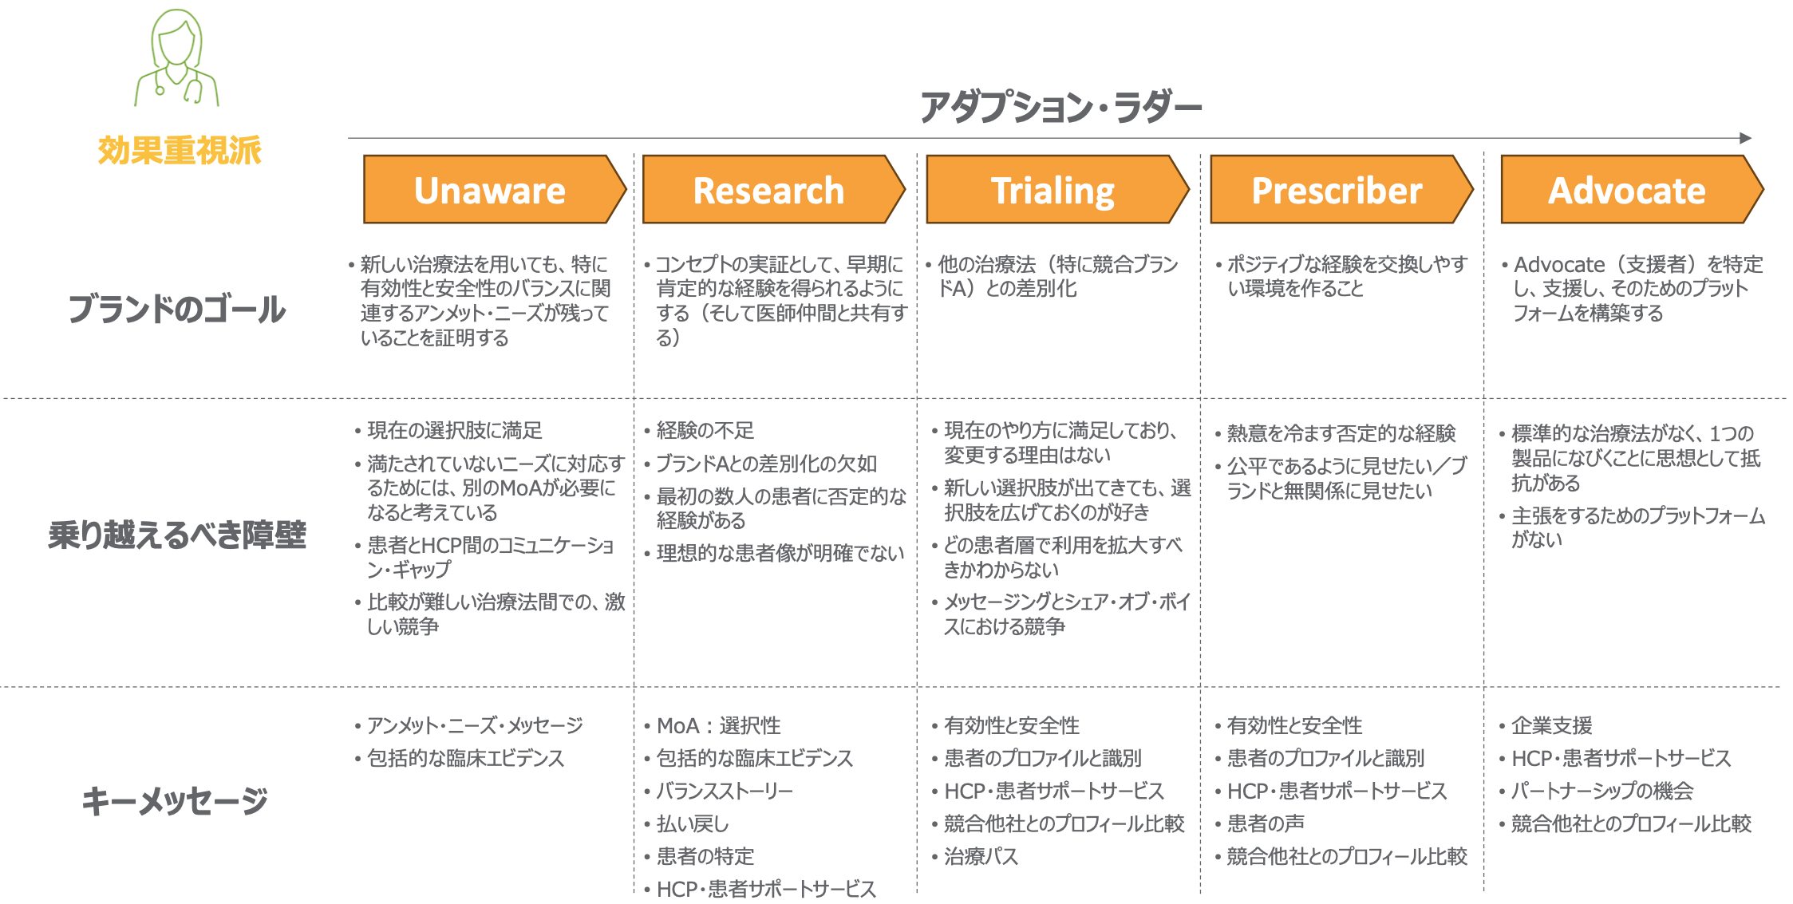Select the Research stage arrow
pos(773,189)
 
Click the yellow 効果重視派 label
pos(180,150)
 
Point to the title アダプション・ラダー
pos(1060,107)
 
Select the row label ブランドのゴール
pos(177,309)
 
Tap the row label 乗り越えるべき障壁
pos(177,535)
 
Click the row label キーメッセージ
pos(176,800)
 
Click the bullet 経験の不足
pos(705,431)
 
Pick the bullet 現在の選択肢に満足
pos(454,431)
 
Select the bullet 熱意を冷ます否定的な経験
pos(1341,433)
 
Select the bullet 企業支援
pos(1551,725)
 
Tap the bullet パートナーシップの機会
pos(1602,791)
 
